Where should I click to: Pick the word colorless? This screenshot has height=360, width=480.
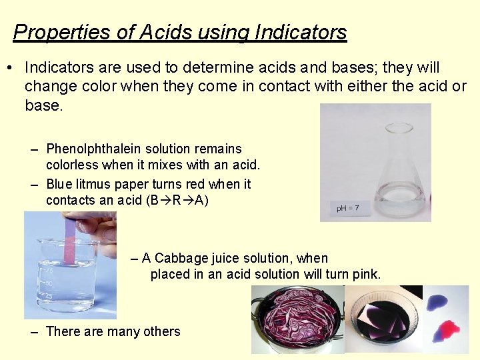click(73, 165)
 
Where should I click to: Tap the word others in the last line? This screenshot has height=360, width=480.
click(161, 331)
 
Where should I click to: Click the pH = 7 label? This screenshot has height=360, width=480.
click(348, 208)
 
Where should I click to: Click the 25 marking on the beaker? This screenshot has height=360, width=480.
click(48, 296)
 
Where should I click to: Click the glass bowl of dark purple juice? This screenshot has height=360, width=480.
click(383, 320)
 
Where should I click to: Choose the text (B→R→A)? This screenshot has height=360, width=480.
click(177, 200)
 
